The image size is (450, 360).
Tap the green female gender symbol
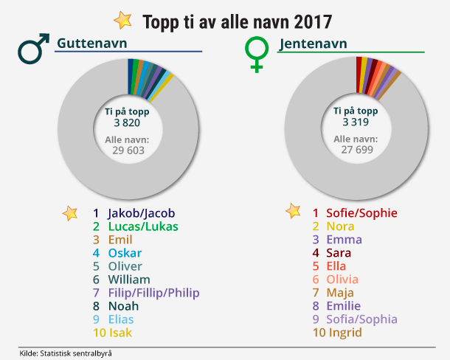(x=256, y=55)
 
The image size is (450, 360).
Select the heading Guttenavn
(x=89, y=44)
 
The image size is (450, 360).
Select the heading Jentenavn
(x=313, y=44)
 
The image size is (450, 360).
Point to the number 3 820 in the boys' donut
(x=127, y=123)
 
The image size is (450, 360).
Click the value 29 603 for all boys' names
(x=127, y=150)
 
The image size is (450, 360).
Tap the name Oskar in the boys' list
(x=125, y=253)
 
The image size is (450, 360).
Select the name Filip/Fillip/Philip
(x=153, y=293)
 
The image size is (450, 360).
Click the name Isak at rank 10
(x=120, y=333)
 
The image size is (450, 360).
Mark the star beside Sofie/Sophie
(x=294, y=212)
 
